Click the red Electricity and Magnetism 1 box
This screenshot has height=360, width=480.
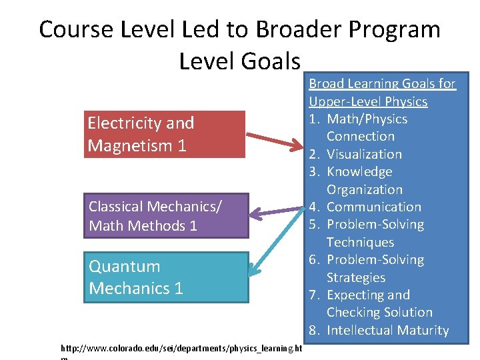tap(165, 134)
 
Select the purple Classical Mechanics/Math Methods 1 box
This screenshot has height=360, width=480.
tap(165, 216)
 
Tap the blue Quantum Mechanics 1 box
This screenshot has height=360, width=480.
tap(165, 277)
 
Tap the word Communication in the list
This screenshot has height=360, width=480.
tap(374, 207)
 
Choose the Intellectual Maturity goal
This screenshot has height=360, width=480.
tap(387, 330)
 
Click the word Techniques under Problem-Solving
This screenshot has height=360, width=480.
tap(360, 242)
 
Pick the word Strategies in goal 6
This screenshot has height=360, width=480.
tap(356, 277)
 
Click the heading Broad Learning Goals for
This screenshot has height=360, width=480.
tap(382, 83)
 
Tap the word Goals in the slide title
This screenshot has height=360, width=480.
tap(273, 61)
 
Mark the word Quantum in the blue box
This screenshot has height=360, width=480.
tap(125, 267)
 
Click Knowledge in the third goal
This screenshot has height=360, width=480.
tap(359, 171)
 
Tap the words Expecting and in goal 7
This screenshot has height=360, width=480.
tap(368, 295)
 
